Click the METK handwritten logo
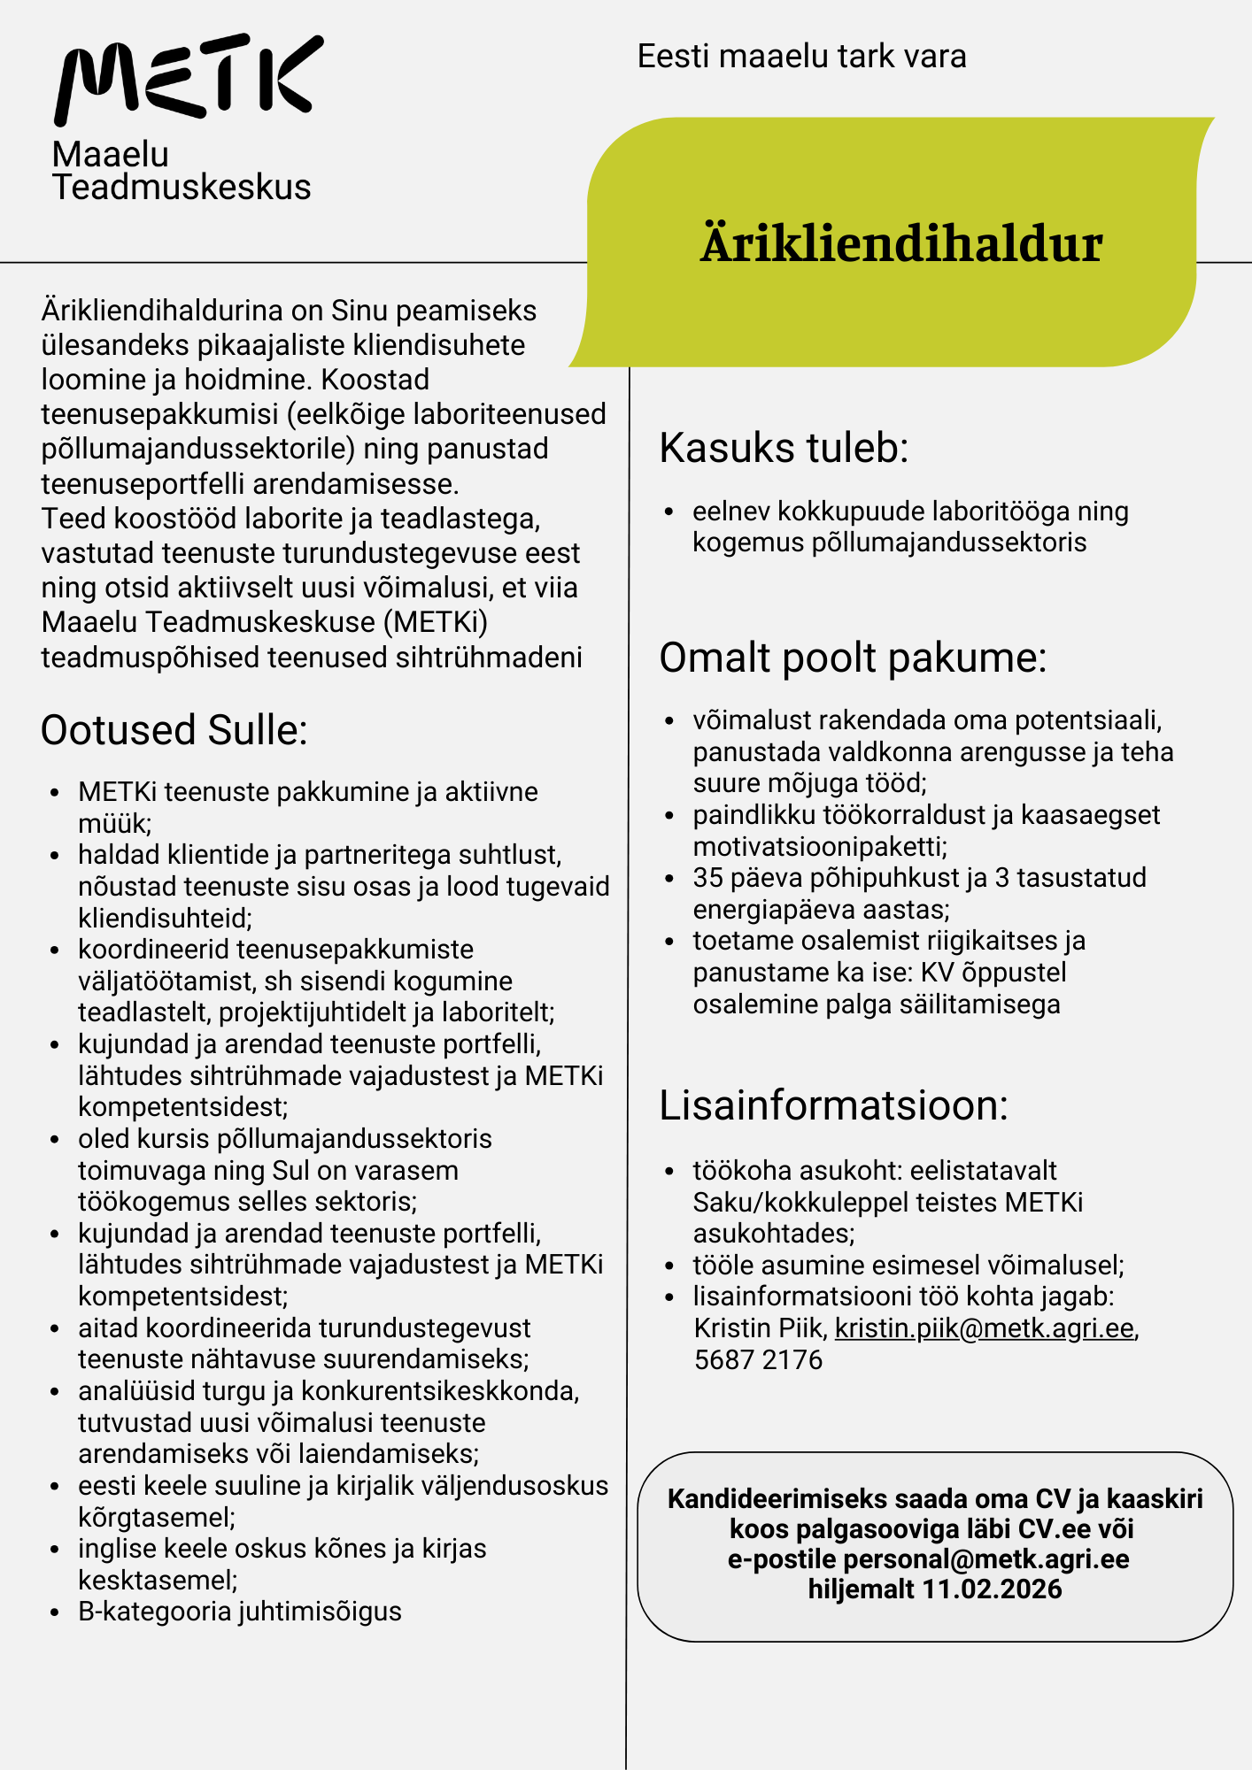coord(188,78)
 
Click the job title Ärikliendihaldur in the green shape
coord(901,244)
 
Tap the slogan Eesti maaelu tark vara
coord(801,57)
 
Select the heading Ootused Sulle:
coord(174,731)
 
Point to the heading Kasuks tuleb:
coord(784,448)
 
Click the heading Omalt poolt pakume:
coord(853,658)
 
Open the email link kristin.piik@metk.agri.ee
coord(985,1328)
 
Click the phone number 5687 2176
coord(758,1359)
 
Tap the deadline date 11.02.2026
coord(992,1589)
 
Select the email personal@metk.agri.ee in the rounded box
coord(985,1559)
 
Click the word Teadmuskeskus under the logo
coord(182,188)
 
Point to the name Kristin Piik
coord(760,1328)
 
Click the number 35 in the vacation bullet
coord(709,878)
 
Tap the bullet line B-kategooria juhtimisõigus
coord(239,1612)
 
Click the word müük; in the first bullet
coord(115,824)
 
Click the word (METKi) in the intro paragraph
coord(436,623)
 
